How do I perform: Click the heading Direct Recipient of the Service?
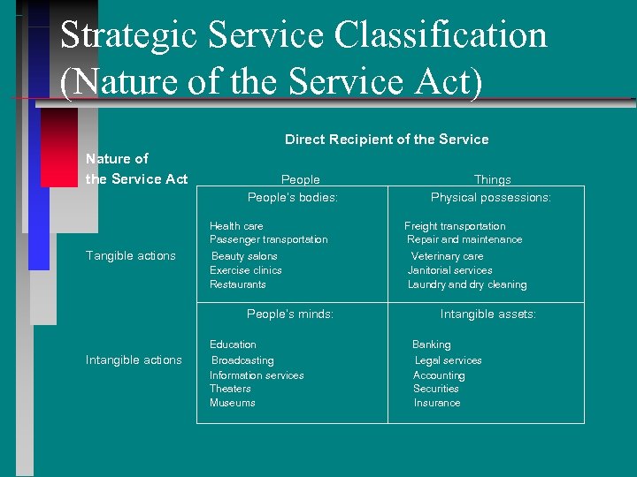[x=387, y=140]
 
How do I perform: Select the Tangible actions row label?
[x=130, y=256]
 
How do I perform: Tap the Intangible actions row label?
[x=134, y=360]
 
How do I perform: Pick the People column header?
[x=300, y=179]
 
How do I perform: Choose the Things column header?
[x=492, y=179]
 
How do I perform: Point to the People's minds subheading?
[x=290, y=314]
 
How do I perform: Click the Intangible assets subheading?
[x=488, y=314]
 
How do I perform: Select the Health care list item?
[x=236, y=226]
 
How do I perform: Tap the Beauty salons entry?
[x=244, y=256]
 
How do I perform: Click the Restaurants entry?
[x=238, y=284]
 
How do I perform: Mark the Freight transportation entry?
[x=455, y=226]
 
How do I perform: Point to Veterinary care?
[x=447, y=256]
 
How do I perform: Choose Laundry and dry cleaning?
[x=467, y=284]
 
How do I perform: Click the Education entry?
[x=233, y=344]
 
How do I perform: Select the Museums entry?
[x=232, y=403]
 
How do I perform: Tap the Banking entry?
[x=432, y=344]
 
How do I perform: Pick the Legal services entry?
[x=449, y=360]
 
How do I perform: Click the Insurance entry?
[x=437, y=403]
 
